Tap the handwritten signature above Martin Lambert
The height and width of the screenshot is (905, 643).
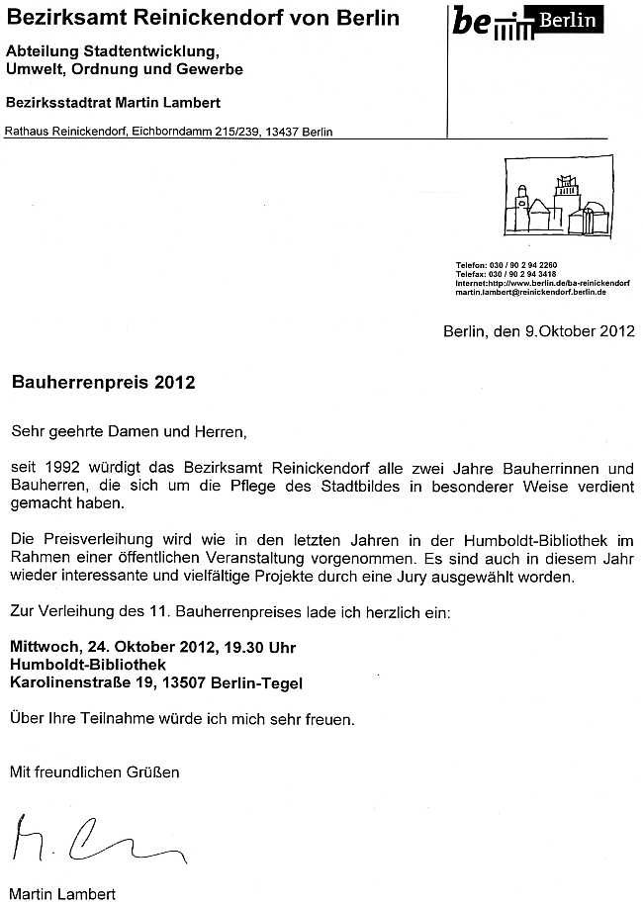(94, 842)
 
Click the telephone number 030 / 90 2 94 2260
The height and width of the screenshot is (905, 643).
(533, 266)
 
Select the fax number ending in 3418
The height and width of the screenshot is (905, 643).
(533, 275)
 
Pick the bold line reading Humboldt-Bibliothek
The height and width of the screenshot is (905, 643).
(88, 665)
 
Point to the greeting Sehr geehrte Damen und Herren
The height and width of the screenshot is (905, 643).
(127, 431)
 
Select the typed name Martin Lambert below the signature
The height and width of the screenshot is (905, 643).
(62, 893)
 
